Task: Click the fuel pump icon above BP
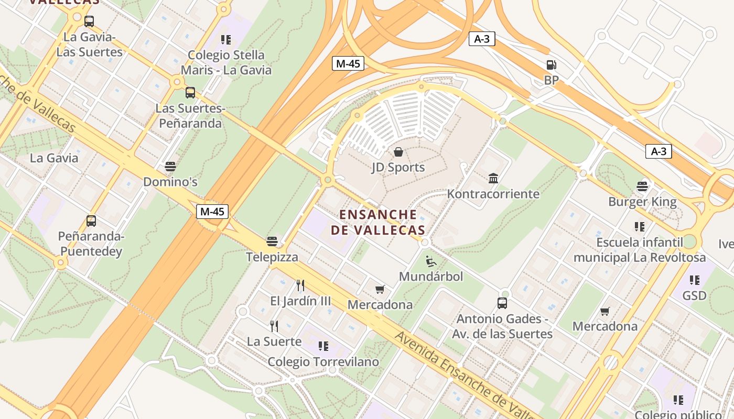[x=551, y=65]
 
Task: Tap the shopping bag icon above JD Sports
[x=398, y=152]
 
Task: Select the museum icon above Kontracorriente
[x=493, y=179]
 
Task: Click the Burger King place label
[x=642, y=202]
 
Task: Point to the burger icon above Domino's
[x=170, y=167]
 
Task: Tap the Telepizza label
[x=272, y=257]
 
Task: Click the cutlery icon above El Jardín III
[x=300, y=285]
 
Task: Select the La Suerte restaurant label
[x=274, y=341]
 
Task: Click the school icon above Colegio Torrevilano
[x=323, y=346]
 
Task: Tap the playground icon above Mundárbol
[x=431, y=261]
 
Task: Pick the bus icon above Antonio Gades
[x=502, y=303]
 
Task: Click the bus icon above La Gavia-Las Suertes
[x=89, y=21]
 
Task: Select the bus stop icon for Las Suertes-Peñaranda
[x=190, y=93]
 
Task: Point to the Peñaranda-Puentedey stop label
[x=91, y=244]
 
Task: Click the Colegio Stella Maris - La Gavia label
[x=226, y=62]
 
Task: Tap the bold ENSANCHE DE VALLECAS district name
[x=378, y=222]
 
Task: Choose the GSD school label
[x=694, y=296]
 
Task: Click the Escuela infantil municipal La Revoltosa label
[x=640, y=250]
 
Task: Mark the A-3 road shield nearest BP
[x=482, y=39]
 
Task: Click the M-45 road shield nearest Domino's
[x=212, y=212]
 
